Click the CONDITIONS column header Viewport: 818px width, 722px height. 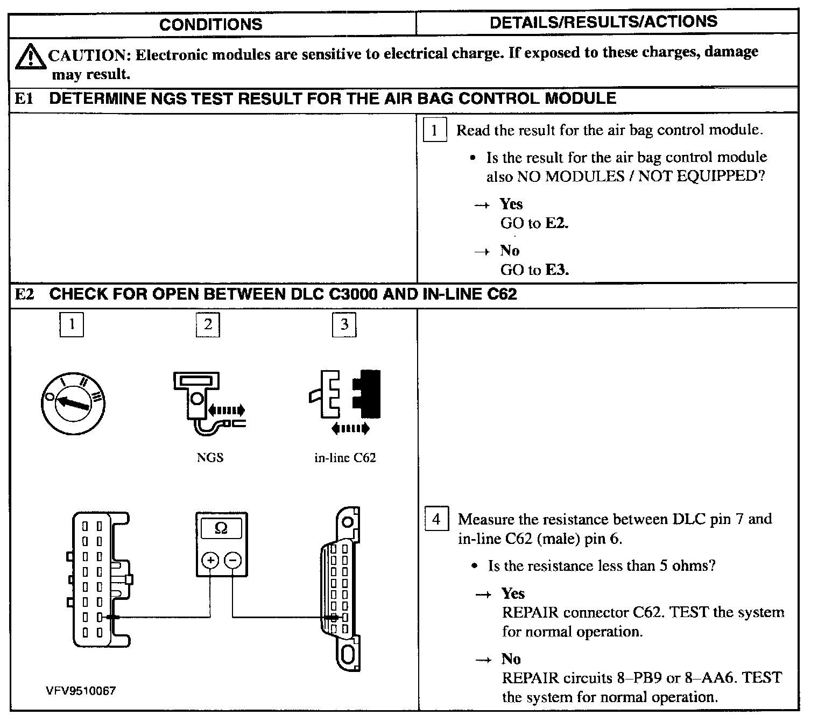click(x=211, y=24)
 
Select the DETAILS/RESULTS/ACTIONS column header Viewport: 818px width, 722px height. click(x=603, y=22)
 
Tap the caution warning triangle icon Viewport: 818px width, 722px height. click(x=30, y=58)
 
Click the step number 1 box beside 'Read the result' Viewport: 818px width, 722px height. click(x=435, y=130)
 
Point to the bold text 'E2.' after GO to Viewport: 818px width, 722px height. click(x=557, y=223)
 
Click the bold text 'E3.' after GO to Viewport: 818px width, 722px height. click(x=557, y=270)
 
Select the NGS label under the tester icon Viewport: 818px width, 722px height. click(x=210, y=458)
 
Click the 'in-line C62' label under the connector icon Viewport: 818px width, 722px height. click(x=345, y=458)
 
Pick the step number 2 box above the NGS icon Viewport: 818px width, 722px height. click(x=208, y=324)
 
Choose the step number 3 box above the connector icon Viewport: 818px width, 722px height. click(x=344, y=324)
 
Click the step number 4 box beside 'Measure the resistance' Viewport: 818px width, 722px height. click(x=436, y=519)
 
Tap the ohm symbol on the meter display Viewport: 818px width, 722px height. click(x=221, y=528)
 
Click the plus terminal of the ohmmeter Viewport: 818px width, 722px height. click(x=209, y=561)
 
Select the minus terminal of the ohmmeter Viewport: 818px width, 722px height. click(x=232, y=561)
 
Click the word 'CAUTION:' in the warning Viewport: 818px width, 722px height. click(x=90, y=55)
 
